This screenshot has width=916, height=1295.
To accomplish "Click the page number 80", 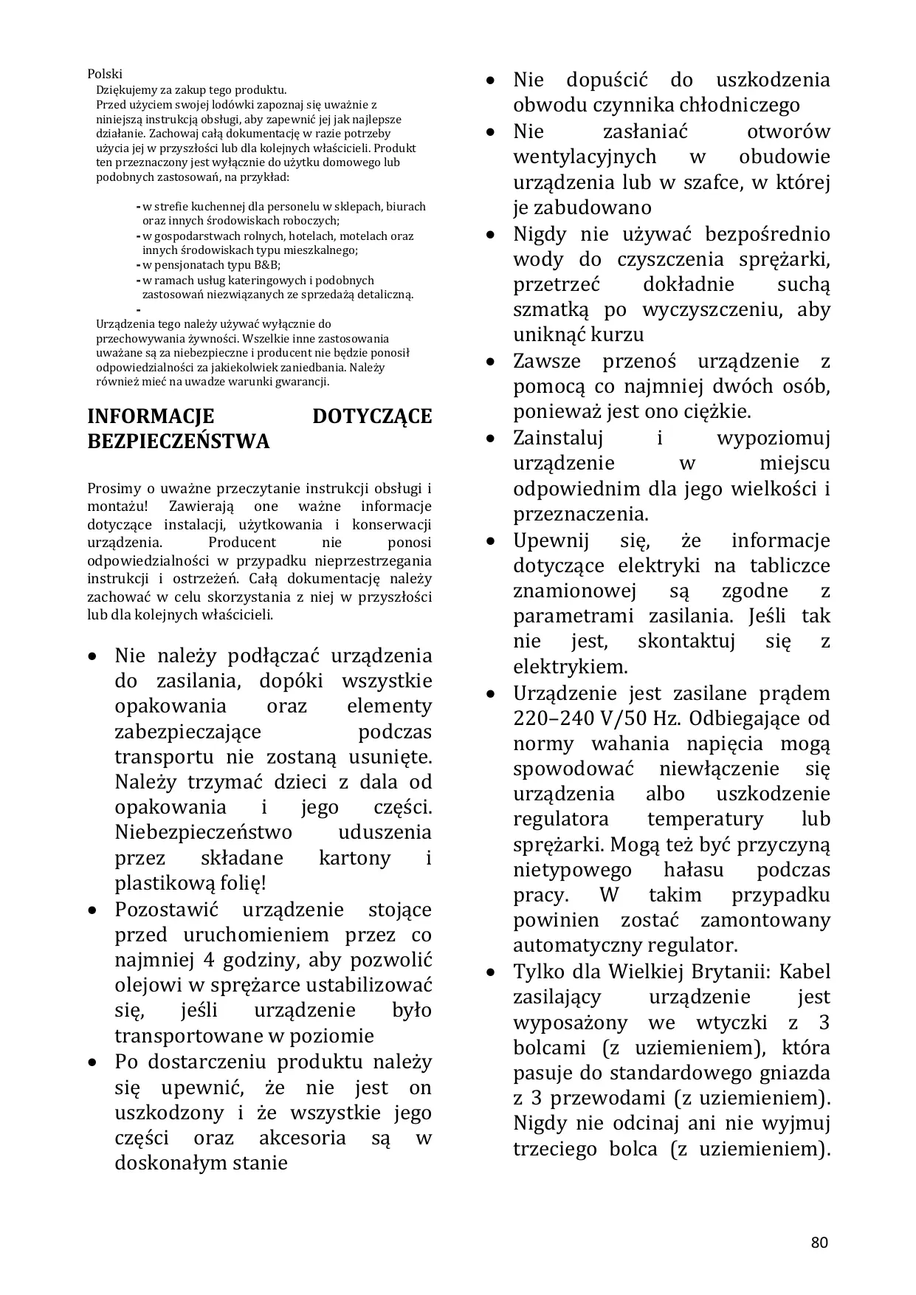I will [x=819, y=1242].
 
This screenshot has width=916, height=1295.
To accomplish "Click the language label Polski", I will [x=105, y=74].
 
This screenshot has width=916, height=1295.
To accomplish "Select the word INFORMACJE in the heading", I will [x=151, y=416].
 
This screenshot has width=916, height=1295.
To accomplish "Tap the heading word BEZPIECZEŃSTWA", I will [x=179, y=442].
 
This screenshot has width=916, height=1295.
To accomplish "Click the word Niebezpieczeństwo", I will [x=203, y=832].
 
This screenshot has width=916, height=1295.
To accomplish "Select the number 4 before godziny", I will [x=208, y=960].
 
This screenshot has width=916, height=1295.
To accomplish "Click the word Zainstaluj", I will [x=558, y=438].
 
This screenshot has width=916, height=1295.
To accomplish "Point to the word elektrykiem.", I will [x=570, y=667].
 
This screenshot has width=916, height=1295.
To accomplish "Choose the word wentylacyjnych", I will [x=585, y=157].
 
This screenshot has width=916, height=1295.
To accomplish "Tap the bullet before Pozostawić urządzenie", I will [x=92, y=910].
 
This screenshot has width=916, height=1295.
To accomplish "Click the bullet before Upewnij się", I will [x=490, y=541].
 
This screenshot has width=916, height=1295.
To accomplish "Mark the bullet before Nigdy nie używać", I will [x=490, y=235].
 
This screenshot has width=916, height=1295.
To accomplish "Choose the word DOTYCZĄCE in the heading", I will [x=372, y=416].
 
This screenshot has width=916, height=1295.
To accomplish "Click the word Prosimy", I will [x=111, y=488].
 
